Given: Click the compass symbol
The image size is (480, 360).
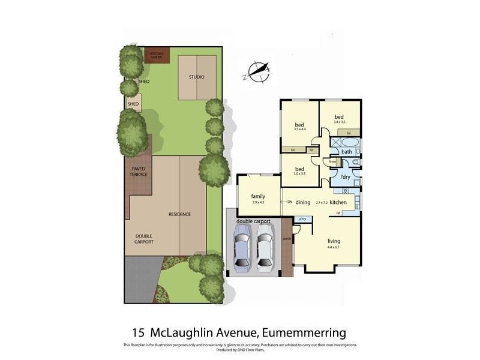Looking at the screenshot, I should (x=256, y=72).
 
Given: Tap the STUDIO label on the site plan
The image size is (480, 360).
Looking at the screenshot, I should (x=197, y=77).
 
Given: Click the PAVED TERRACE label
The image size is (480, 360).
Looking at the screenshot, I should (x=139, y=172).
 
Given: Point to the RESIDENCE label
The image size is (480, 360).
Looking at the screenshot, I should (x=179, y=214).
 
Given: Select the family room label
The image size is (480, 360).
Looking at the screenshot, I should (x=259, y=196).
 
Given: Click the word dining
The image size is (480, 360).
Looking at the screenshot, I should (x=303, y=202).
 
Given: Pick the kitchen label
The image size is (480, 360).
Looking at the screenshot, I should (x=338, y=202).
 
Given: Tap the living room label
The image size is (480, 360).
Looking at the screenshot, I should (x=334, y=241).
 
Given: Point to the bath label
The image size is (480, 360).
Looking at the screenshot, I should (x=347, y=152).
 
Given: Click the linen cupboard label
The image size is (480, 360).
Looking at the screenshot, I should (x=332, y=161).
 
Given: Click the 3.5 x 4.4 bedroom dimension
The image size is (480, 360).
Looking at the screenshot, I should (x=300, y=129).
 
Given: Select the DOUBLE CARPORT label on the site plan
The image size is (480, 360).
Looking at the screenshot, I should (x=144, y=238).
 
